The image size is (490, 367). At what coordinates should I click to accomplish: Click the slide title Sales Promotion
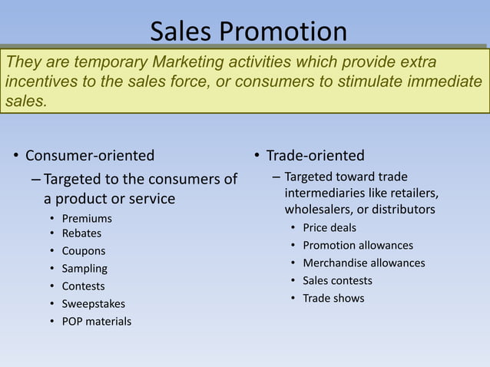point(248,31)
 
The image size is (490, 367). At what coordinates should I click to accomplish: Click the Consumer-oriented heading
point(90,156)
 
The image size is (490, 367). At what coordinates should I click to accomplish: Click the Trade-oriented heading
point(315,156)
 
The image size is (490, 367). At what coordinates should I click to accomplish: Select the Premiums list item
point(87,219)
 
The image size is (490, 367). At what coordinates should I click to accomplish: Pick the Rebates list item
point(81,233)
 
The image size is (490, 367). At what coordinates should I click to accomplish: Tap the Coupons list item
point(84,251)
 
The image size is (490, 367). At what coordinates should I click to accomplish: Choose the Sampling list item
point(84,269)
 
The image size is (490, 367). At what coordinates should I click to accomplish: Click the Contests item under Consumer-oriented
point(83,286)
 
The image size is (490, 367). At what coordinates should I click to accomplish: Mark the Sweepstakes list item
point(93,304)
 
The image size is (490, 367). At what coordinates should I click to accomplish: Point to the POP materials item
point(96,321)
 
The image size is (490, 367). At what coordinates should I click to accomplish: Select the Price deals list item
point(329,227)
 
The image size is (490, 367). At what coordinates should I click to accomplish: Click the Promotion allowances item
point(358,245)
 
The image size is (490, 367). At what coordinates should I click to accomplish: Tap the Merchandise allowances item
point(363,263)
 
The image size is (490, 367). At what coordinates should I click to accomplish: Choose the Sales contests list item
point(337,280)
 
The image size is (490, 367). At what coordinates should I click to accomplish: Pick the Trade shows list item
point(333,298)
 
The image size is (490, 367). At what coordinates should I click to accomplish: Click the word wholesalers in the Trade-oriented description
point(318,210)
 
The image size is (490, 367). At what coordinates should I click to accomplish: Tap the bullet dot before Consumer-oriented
point(15,157)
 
